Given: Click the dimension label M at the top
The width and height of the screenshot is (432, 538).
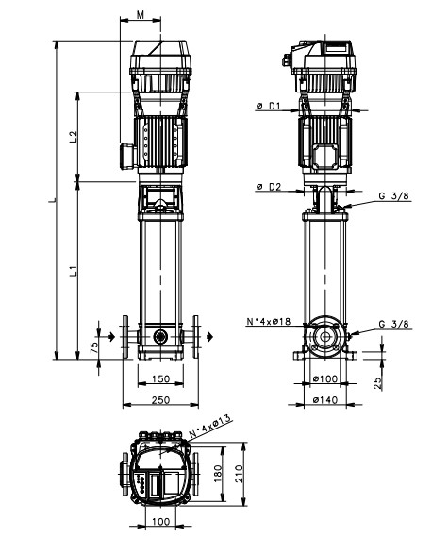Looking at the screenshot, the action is coord(141,14).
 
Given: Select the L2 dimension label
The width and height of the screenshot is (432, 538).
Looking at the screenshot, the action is coord(74,137).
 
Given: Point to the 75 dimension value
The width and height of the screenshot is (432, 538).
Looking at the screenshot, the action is coord(93,347).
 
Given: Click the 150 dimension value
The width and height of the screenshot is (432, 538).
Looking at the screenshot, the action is coord(160,378).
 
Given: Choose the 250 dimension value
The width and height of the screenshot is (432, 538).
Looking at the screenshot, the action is coord(160,400).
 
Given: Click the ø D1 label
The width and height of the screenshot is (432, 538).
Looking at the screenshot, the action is coord(269,106).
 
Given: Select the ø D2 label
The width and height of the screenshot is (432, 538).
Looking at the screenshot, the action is coord(269,187).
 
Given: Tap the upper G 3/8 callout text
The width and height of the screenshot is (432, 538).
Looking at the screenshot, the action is coord(394,196).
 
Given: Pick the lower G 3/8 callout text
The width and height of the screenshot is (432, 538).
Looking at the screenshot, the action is coord(394,324).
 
